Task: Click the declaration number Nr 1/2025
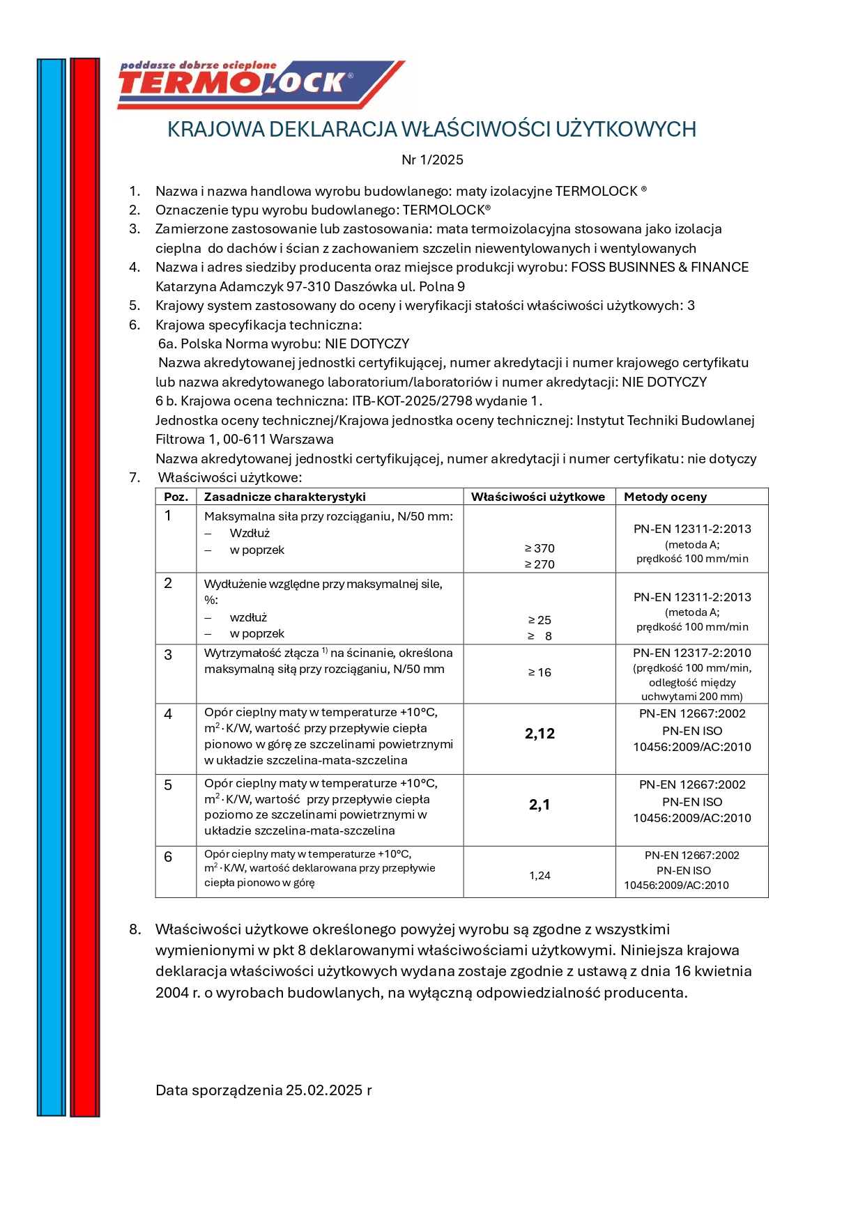[432, 160]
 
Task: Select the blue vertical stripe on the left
[51, 585]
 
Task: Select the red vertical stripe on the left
[84, 585]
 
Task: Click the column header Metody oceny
[665, 497]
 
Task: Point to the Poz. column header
[176, 497]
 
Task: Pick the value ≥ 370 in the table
[539, 548]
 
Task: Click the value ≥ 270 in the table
[539, 564]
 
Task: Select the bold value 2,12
[539, 734]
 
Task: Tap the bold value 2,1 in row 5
[539, 805]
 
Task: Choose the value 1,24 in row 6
[539, 876]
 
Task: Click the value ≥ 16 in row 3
[539, 672]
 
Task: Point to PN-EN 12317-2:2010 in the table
[692, 653]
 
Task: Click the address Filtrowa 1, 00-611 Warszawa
[245, 440]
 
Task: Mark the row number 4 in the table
[168, 714]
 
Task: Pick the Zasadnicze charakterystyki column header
[284, 497]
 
